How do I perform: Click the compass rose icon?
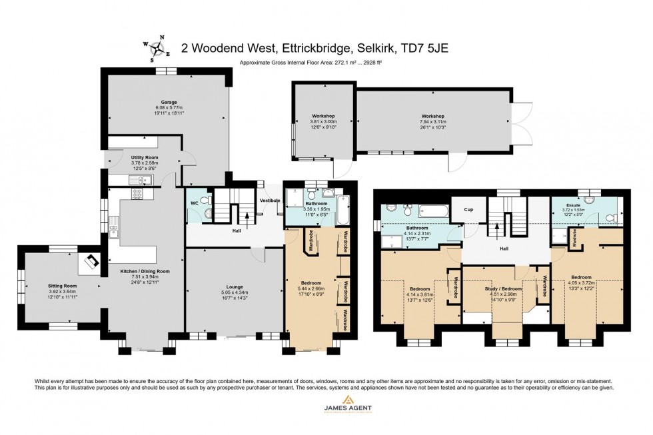158,47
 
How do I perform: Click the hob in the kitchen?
139,194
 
